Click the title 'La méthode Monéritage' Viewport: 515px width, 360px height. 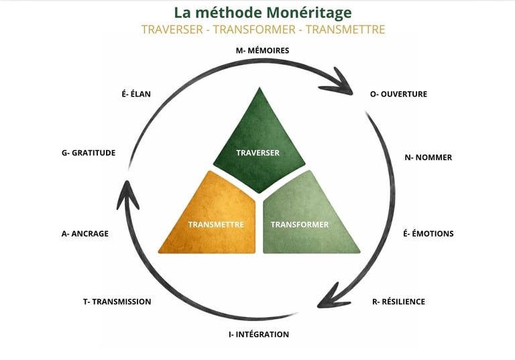coord(263,12)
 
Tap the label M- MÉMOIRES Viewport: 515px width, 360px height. coord(262,50)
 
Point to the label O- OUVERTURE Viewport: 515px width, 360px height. coord(398,94)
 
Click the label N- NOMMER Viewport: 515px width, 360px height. coord(428,158)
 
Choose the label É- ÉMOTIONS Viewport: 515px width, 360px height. coord(428,233)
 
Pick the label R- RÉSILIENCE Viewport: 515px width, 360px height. coord(398,302)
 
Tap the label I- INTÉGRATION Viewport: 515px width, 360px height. coord(254,334)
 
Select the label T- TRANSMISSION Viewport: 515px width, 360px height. coord(117,302)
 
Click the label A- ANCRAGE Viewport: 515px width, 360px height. coord(84,233)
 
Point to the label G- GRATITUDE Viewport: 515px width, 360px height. coord(88,153)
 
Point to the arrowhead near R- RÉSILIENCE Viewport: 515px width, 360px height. coord(329,295)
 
